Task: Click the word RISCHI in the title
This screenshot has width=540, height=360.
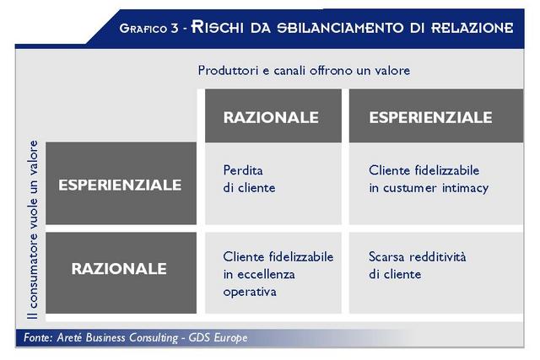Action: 218,27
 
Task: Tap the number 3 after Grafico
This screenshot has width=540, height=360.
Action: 175,28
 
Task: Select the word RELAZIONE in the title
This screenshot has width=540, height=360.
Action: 472,28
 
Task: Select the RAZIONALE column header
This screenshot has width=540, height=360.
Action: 273,116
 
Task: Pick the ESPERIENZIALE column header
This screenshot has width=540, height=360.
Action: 436,116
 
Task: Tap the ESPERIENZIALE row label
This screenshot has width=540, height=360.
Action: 121,184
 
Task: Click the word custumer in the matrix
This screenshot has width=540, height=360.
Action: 410,189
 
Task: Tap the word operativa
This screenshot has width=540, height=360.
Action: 250,293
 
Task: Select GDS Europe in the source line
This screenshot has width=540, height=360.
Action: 218,337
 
